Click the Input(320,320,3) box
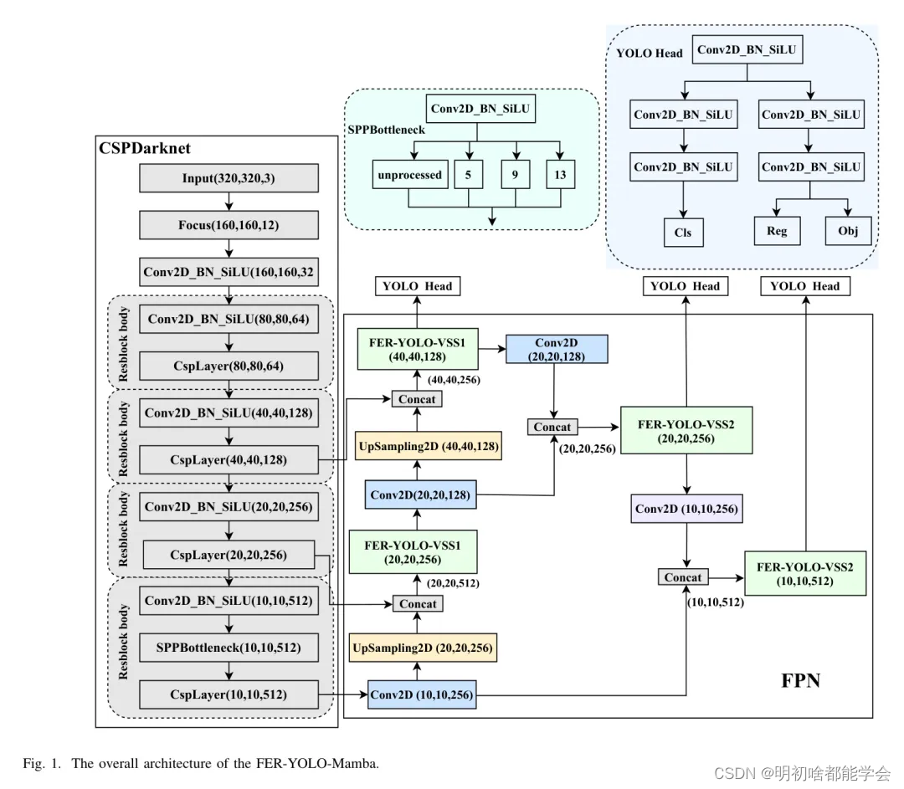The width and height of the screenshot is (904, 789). [x=229, y=178]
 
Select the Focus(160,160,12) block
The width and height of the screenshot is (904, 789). [x=229, y=225]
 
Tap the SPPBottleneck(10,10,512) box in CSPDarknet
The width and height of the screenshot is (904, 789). [x=229, y=648]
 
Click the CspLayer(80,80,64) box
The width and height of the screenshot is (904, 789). [x=229, y=366]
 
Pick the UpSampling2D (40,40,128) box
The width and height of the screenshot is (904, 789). [x=429, y=446]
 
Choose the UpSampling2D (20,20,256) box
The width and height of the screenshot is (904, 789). [x=423, y=648]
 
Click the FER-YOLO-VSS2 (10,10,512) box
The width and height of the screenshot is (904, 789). [x=805, y=573]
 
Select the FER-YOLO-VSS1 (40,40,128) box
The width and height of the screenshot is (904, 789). [x=418, y=349]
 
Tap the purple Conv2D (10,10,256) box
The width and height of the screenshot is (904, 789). [x=686, y=509]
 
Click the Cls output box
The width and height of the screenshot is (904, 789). [x=683, y=233]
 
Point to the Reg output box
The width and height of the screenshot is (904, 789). [x=777, y=231]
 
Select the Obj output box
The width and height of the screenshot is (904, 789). [x=848, y=231]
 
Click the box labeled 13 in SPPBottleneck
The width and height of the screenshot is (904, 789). [x=560, y=175]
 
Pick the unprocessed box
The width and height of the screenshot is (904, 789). [x=410, y=175]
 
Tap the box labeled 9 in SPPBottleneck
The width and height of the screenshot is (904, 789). [x=516, y=175]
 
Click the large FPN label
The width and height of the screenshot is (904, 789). [x=800, y=681]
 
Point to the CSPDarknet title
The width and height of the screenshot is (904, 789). [x=145, y=148]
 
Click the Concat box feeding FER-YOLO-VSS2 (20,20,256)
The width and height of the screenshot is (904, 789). [x=552, y=427]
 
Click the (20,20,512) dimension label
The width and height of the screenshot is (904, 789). [x=453, y=583]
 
